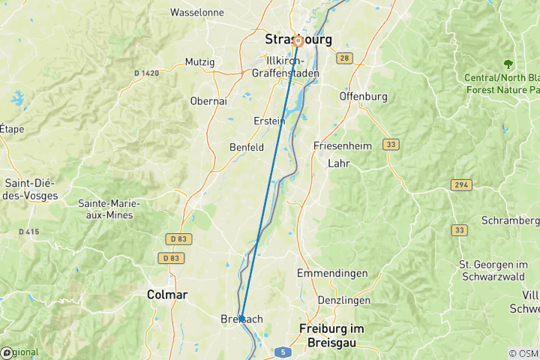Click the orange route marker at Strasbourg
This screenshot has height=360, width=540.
298,41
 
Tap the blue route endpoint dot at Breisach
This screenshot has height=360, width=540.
241,318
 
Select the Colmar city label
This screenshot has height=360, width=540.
168,295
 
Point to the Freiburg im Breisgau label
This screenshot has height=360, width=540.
331,334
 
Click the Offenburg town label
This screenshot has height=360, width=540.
363,97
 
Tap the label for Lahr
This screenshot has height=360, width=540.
340,163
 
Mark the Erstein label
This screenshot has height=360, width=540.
269,121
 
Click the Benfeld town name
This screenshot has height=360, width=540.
247,148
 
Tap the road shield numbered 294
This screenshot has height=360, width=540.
461,184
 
